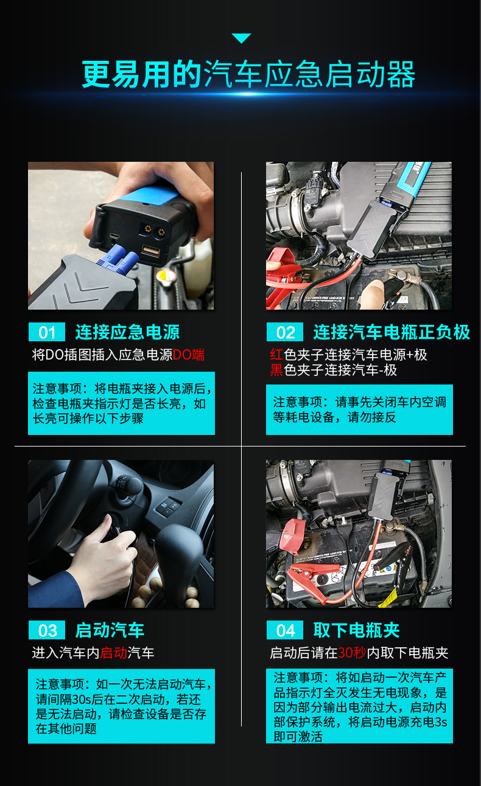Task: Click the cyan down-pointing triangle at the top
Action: [241, 38]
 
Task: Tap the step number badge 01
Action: [47, 332]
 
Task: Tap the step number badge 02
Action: [285, 332]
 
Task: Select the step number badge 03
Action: [47, 630]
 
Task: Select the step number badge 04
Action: [285, 630]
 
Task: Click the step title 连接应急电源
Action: [127, 332]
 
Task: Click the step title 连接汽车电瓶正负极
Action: [391, 332]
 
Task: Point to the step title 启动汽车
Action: [110, 630]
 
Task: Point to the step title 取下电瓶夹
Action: [356, 630]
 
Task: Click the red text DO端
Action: [189, 355]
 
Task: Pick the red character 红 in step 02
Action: [276, 355]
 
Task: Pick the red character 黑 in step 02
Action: [276, 370]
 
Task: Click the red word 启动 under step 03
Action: [113, 653]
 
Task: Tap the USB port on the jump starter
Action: [150, 251]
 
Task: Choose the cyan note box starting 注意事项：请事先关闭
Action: [359, 409]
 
